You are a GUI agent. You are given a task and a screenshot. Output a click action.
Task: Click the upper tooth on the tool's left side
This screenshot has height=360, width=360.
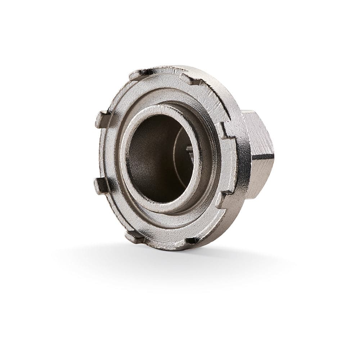103,119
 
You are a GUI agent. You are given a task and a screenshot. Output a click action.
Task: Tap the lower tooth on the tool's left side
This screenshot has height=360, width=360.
101,185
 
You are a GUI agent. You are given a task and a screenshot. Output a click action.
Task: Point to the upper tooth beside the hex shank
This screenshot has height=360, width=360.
226,130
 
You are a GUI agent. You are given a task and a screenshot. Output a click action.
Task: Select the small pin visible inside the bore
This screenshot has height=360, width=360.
190,148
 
